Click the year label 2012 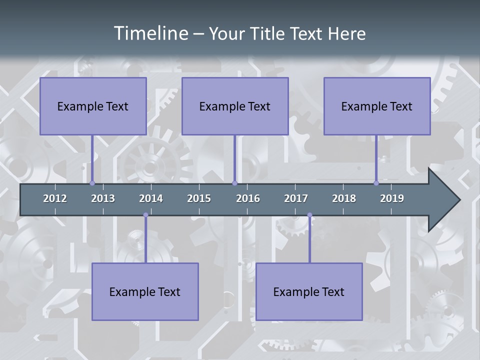pyautogui.click(x=55, y=198)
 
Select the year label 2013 pyautogui.click(x=103, y=198)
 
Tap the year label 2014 pyautogui.click(x=151, y=198)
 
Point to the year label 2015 pyautogui.click(x=199, y=198)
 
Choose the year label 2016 pyautogui.click(x=248, y=198)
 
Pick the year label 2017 pyautogui.click(x=296, y=198)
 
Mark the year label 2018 pyautogui.click(x=344, y=198)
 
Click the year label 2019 pyautogui.click(x=392, y=198)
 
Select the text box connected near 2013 pyautogui.click(x=93, y=106)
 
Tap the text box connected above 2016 pyautogui.click(x=235, y=106)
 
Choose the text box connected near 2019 pyautogui.click(x=377, y=106)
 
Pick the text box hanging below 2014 pyautogui.click(x=145, y=291)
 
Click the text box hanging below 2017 pyautogui.click(x=309, y=291)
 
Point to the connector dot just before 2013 pyautogui.click(x=92, y=183)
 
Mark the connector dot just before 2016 pyautogui.click(x=234, y=183)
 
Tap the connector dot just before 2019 pyautogui.click(x=376, y=183)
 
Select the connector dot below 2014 pyautogui.click(x=145, y=215)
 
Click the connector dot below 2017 pyautogui.click(x=309, y=215)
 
